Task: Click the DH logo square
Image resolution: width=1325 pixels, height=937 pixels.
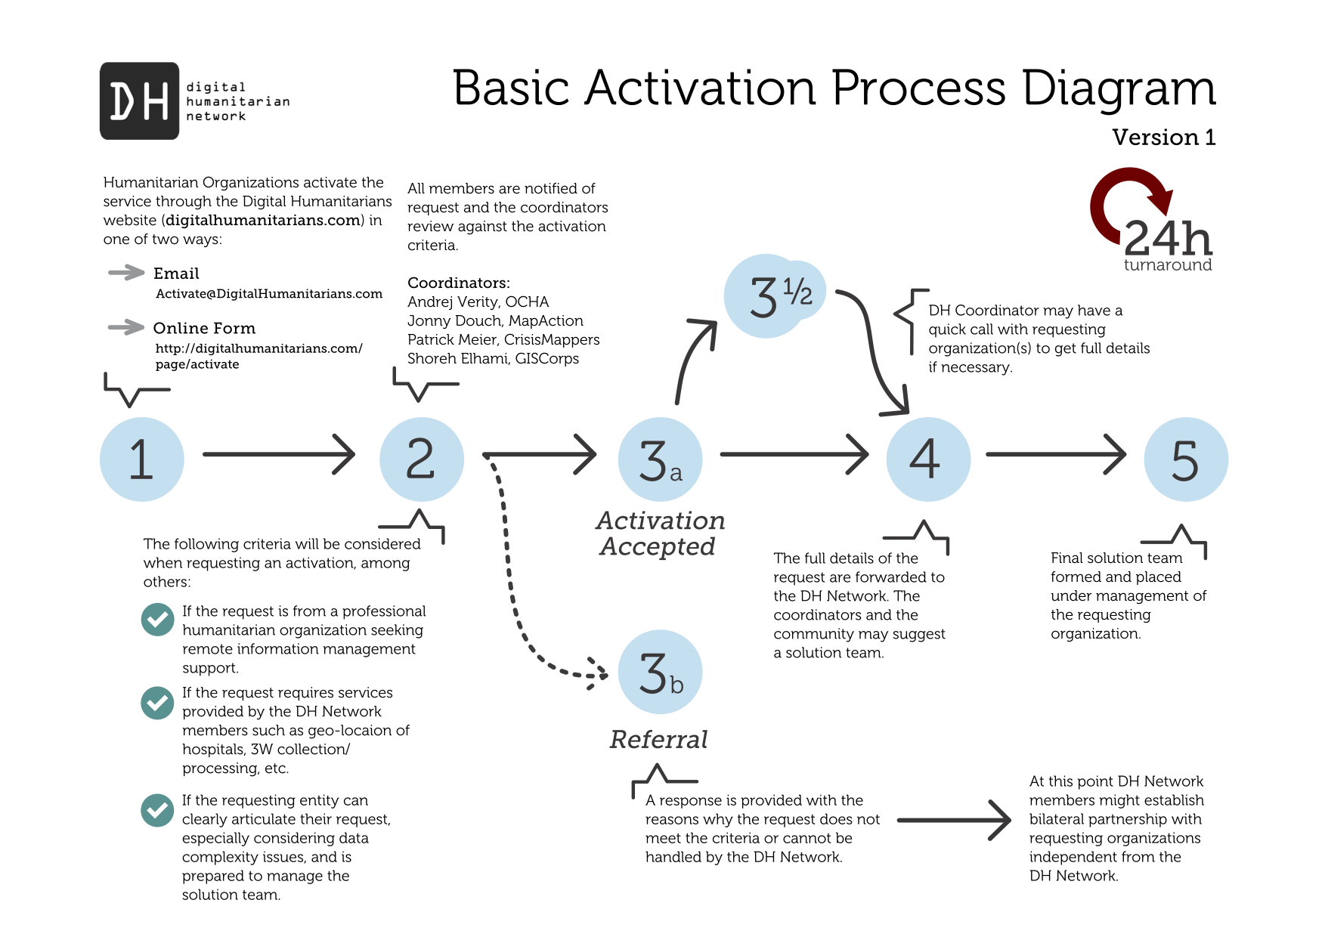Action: pyautogui.click(x=139, y=101)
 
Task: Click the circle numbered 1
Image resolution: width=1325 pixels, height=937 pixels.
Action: pyautogui.click(x=141, y=459)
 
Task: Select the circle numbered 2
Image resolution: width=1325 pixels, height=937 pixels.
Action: pyautogui.click(x=421, y=459)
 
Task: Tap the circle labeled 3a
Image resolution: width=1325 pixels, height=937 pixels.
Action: pyautogui.click(x=660, y=459)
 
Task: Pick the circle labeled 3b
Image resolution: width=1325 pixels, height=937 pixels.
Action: pyautogui.click(x=660, y=672)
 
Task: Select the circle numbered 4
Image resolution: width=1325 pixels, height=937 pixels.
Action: pyautogui.click(x=927, y=459)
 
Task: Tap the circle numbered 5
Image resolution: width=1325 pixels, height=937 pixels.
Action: pyautogui.click(x=1185, y=459)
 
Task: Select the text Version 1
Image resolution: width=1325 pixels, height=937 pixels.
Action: pyautogui.click(x=1163, y=138)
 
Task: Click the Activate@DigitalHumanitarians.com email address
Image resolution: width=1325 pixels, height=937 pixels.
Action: pyautogui.click(x=269, y=294)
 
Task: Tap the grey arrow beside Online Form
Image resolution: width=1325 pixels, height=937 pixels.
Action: pyautogui.click(x=125, y=327)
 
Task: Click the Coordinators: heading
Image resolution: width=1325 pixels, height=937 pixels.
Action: pyautogui.click(x=458, y=283)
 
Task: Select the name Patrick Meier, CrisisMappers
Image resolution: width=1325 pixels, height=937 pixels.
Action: pyautogui.click(x=503, y=339)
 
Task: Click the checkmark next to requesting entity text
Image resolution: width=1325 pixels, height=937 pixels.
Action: pyautogui.click(x=157, y=810)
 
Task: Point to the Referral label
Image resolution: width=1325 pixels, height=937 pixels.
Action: pyautogui.click(x=658, y=739)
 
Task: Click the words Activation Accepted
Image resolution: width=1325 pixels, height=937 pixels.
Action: pyautogui.click(x=660, y=533)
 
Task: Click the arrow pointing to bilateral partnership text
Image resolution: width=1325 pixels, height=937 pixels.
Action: pyautogui.click(x=954, y=820)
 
